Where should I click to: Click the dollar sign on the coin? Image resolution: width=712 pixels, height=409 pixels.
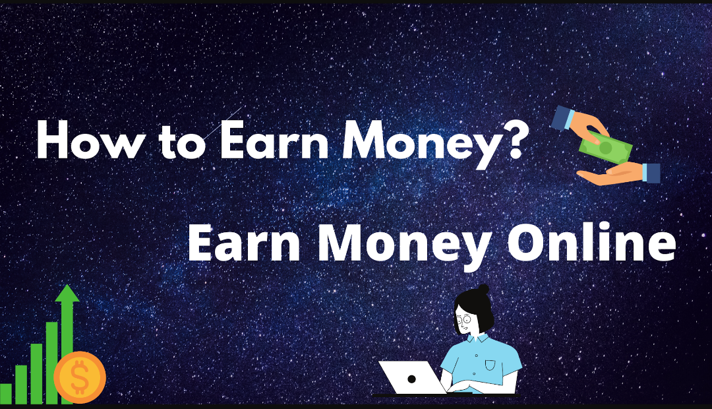pos(80,378)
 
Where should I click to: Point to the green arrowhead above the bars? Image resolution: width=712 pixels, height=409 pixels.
pos(67,294)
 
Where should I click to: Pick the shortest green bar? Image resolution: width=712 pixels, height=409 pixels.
pos(6,393)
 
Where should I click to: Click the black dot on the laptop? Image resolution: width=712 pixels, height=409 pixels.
pos(411,379)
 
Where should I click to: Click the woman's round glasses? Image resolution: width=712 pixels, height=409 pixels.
pos(465,321)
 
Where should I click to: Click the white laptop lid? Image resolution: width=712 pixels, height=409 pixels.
pos(411,377)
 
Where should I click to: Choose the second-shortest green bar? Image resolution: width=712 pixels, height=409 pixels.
pos(22,384)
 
